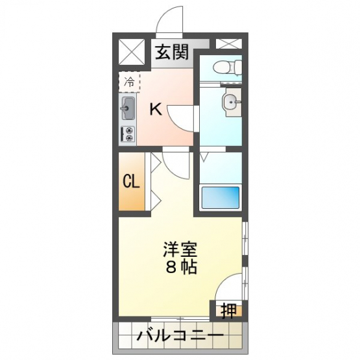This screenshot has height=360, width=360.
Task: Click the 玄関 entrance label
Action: click(172, 52)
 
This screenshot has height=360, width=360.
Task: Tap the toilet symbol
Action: click(227, 67)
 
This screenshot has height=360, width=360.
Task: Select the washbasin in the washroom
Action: click(232, 101)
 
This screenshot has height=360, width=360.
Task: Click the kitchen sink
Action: click(127, 108)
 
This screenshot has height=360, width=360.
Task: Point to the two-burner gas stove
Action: click(128, 134)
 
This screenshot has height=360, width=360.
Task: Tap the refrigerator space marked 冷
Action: click(129, 82)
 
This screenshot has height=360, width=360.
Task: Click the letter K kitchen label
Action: click(156, 109)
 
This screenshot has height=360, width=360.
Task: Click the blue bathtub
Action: click(221, 197)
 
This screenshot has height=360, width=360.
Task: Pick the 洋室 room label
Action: click(180, 249)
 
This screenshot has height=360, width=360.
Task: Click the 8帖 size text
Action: click(182, 267)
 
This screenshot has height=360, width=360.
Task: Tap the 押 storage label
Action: click(228, 311)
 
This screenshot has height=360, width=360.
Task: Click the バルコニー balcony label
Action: click(180, 337)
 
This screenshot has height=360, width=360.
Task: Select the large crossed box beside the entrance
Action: click(132, 52)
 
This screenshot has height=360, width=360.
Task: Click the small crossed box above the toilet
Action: click(229, 44)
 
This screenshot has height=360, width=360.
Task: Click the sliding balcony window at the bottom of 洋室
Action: click(180, 318)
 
